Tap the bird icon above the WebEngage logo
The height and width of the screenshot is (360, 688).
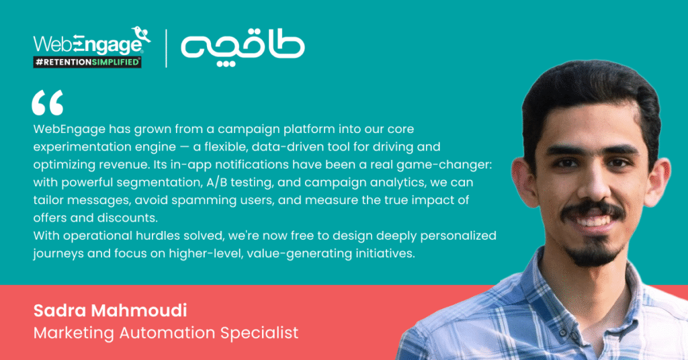(x=141, y=34)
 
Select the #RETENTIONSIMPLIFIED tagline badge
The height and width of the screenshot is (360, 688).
(x=87, y=62)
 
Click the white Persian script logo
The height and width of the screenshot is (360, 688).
(x=243, y=48)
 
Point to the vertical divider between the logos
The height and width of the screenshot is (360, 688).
(x=167, y=48)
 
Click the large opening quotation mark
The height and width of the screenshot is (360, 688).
(x=48, y=103)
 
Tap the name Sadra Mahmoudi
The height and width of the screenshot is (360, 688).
(x=110, y=310)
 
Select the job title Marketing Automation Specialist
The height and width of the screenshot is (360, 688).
(x=166, y=333)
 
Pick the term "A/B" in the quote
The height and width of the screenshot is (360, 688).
(x=217, y=183)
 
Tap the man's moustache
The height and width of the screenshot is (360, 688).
(x=593, y=209)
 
